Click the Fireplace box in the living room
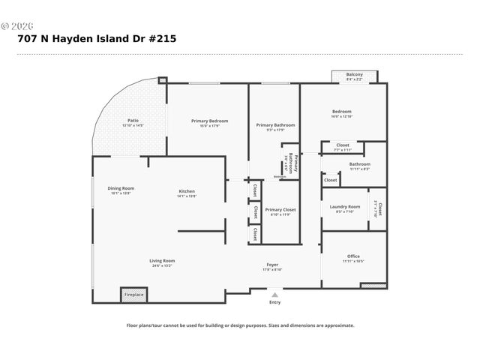click(134, 295)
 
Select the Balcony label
click(355, 75)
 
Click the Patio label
click(133, 121)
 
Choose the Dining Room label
click(121, 188)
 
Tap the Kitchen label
click(187, 190)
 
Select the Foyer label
click(273, 265)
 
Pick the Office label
click(353, 256)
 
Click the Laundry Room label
click(346, 206)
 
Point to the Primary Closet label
click(280, 209)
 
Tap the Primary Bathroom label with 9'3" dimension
click(275, 125)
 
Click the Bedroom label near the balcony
click(342, 111)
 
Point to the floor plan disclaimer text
click(240, 325)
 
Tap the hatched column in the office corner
click(373, 286)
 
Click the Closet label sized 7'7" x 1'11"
click(343, 145)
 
